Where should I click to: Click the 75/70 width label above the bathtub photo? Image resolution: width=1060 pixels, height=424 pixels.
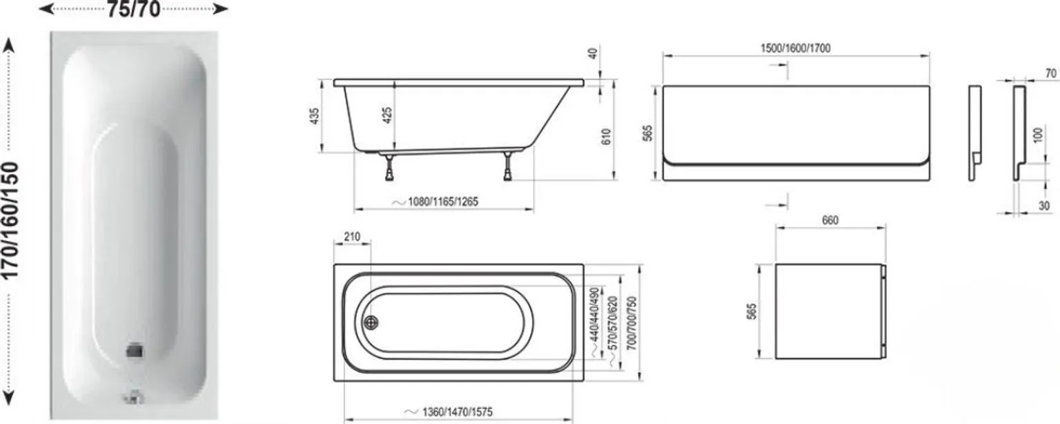[133, 10]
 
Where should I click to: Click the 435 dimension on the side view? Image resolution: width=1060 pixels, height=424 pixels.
[315, 115]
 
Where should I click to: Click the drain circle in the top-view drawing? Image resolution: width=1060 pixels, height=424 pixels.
[371, 322]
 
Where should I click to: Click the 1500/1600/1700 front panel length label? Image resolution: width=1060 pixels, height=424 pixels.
[796, 48]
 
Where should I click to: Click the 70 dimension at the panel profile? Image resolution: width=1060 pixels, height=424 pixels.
[1050, 73]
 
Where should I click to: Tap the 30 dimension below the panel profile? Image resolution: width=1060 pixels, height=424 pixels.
[1044, 205]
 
